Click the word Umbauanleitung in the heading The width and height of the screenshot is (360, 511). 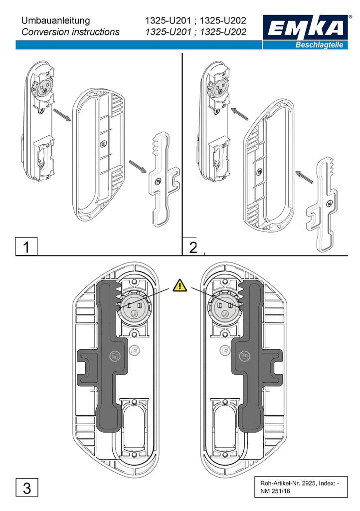56,21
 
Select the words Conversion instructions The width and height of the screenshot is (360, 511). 70,32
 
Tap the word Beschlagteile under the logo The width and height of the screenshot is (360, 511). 319,45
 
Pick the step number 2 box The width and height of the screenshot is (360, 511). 193,247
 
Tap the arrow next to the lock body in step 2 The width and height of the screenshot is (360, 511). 239,114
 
